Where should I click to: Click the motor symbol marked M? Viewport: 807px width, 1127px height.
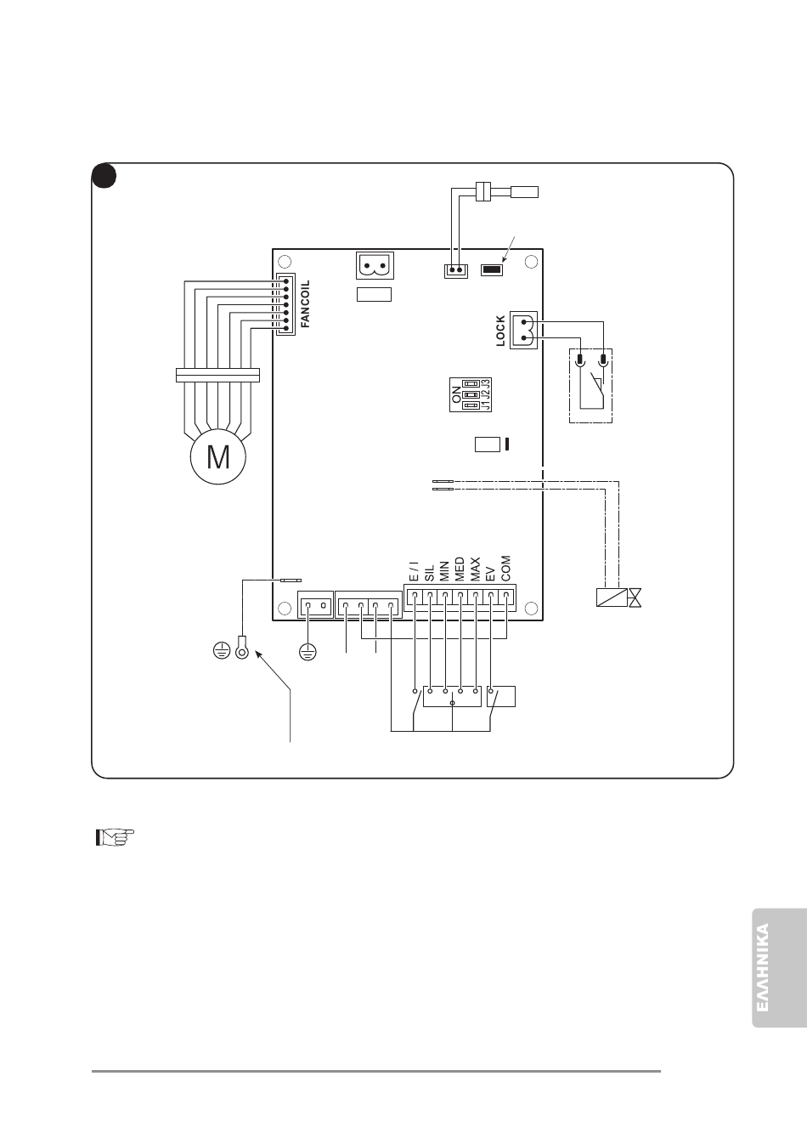tap(218, 458)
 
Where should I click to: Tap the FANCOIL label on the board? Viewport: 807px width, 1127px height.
tap(306, 304)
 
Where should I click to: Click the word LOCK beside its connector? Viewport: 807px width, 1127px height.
tap(500, 331)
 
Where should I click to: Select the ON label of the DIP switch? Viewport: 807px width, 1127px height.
tap(457, 394)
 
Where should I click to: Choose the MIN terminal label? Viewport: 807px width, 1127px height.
tap(444, 570)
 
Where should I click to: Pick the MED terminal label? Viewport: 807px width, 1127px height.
tap(460, 569)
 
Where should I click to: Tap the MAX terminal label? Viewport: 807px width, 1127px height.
tap(475, 569)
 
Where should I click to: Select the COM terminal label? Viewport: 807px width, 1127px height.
tap(506, 569)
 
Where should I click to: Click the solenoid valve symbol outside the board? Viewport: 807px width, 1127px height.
tap(619, 597)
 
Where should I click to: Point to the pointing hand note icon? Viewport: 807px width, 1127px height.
tap(114, 838)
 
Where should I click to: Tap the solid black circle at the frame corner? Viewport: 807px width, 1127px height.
tap(104, 176)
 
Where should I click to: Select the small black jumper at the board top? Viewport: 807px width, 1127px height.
tap(491, 270)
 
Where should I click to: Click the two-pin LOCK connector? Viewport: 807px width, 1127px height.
tap(523, 330)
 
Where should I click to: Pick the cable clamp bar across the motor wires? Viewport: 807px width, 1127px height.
tap(217, 374)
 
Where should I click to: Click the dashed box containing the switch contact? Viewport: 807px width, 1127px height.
tap(590, 385)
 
